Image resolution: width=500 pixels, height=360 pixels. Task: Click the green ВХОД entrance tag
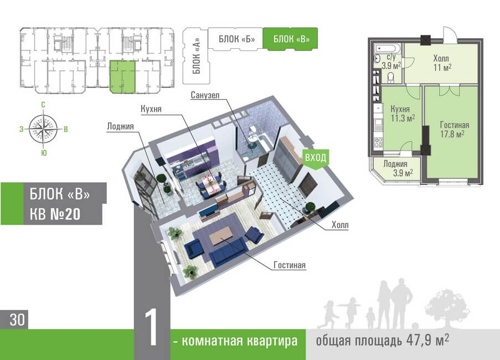[315, 158]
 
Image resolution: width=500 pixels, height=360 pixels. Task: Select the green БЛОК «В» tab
[290, 39]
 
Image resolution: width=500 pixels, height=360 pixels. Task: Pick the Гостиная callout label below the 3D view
[290, 265]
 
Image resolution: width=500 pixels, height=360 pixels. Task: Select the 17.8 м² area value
[452, 133]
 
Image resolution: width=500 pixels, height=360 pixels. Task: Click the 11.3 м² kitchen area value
[403, 117]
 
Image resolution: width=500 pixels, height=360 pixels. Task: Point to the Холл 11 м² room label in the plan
[442, 62]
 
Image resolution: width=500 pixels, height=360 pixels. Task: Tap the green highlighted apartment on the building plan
[122, 77]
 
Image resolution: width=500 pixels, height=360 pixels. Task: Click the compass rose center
[44, 126]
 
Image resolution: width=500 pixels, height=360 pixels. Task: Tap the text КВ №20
[55, 213]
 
